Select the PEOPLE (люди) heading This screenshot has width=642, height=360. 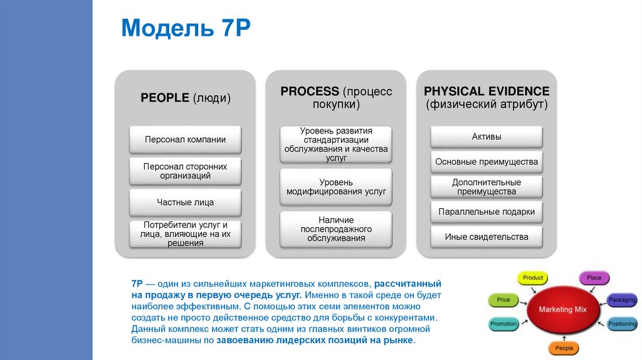[x=185, y=98]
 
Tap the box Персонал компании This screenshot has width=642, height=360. [x=185, y=139]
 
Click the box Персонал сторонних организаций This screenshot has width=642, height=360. [x=185, y=171]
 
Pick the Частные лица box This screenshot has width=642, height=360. [x=185, y=203]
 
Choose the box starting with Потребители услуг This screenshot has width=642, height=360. [x=185, y=234]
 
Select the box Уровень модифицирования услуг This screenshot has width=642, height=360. [x=336, y=186]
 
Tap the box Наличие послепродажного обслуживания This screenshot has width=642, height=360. [x=336, y=229]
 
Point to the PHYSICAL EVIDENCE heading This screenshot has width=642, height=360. [x=487, y=92]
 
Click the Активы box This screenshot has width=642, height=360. [x=487, y=137]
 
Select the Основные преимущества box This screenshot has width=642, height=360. [x=487, y=162]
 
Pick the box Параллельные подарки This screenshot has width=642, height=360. [x=487, y=212]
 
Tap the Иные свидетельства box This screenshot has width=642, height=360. [x=487, y=237]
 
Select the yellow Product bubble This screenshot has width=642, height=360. [x=533, y=278]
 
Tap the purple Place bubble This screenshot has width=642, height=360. [x=593, y=278]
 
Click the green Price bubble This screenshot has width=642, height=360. [x=503, y=300]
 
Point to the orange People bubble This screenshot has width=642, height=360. [x=564, y=348]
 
